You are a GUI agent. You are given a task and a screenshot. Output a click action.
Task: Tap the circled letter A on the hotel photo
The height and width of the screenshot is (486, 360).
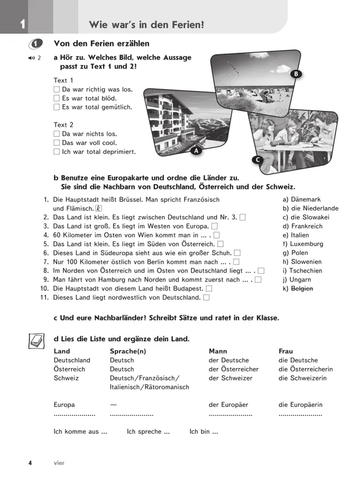196,150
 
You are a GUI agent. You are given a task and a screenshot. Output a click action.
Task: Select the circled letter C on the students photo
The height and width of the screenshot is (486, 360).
257,160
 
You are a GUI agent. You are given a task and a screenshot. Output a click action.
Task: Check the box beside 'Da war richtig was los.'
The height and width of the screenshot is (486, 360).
56,89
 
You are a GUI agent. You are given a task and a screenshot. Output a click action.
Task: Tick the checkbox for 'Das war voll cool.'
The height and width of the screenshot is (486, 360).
56,143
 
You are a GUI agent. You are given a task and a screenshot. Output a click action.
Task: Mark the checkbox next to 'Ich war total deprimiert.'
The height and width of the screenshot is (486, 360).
56,152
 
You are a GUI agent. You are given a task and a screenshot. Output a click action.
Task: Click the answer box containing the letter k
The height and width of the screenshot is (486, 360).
99,208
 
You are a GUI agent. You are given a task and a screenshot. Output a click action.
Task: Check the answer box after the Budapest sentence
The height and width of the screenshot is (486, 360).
209,289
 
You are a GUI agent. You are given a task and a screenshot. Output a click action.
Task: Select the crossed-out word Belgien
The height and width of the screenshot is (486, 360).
302,289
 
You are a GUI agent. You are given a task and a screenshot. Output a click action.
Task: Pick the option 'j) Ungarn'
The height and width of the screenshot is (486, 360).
297,280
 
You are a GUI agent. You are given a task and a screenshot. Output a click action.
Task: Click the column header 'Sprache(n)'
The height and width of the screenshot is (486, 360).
127,351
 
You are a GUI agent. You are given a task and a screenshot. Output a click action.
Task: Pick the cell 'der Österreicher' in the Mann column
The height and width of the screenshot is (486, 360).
233,369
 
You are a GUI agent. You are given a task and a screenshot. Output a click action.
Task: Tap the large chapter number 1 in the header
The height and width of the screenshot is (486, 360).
22,24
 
